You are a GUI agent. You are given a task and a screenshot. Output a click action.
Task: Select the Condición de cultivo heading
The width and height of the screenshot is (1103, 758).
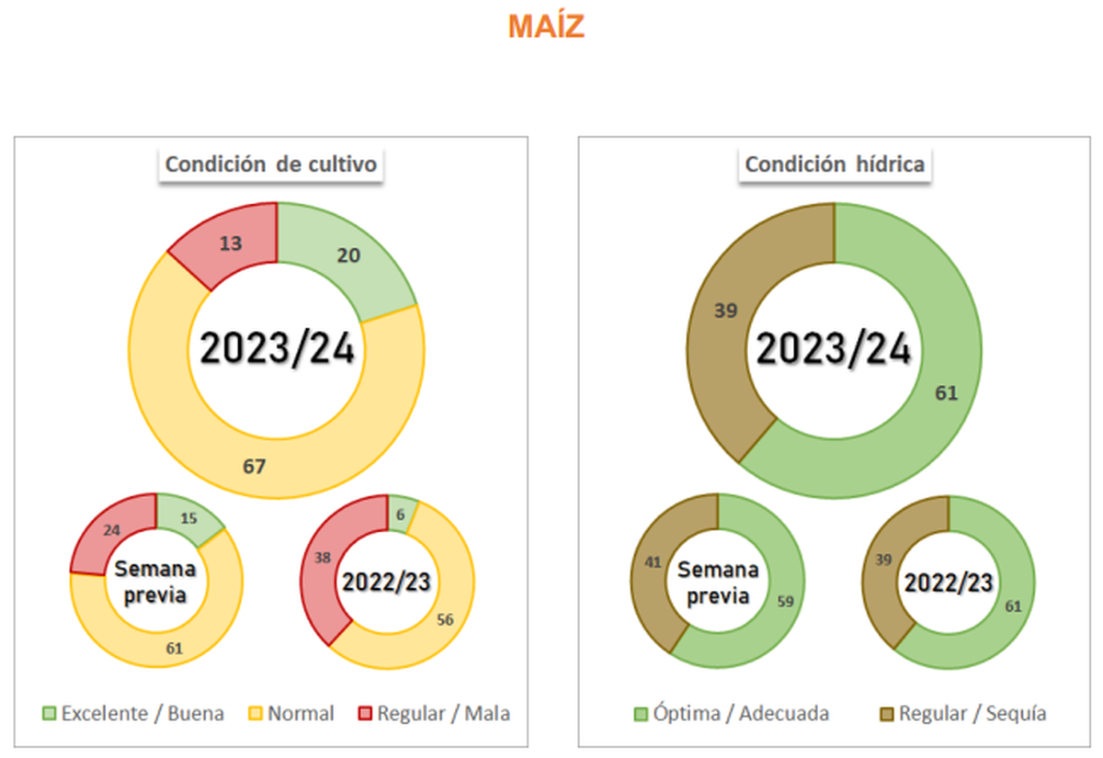[272, 164]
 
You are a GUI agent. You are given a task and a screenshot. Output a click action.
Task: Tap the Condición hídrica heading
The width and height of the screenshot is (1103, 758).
[834, 164]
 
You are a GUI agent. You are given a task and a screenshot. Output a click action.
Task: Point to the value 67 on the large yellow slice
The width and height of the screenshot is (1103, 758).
[255, 467]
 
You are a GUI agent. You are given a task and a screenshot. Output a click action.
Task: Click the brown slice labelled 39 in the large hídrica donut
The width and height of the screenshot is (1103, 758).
[726, 311]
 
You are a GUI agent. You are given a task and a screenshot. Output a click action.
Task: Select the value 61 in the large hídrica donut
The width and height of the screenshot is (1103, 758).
[947, 393]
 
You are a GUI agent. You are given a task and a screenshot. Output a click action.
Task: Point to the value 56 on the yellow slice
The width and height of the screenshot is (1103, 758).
[446, 618]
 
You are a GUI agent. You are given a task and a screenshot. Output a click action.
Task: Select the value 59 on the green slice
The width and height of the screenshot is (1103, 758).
[788, 604]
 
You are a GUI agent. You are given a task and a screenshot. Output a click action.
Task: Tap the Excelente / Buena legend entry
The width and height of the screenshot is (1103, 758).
[133, 713]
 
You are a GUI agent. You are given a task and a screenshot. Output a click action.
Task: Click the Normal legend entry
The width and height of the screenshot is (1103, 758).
[291, 713]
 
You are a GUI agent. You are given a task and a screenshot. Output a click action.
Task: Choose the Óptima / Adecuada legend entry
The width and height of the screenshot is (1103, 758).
[732, 713]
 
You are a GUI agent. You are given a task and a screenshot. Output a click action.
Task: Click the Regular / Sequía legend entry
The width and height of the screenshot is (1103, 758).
[962, 713]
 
